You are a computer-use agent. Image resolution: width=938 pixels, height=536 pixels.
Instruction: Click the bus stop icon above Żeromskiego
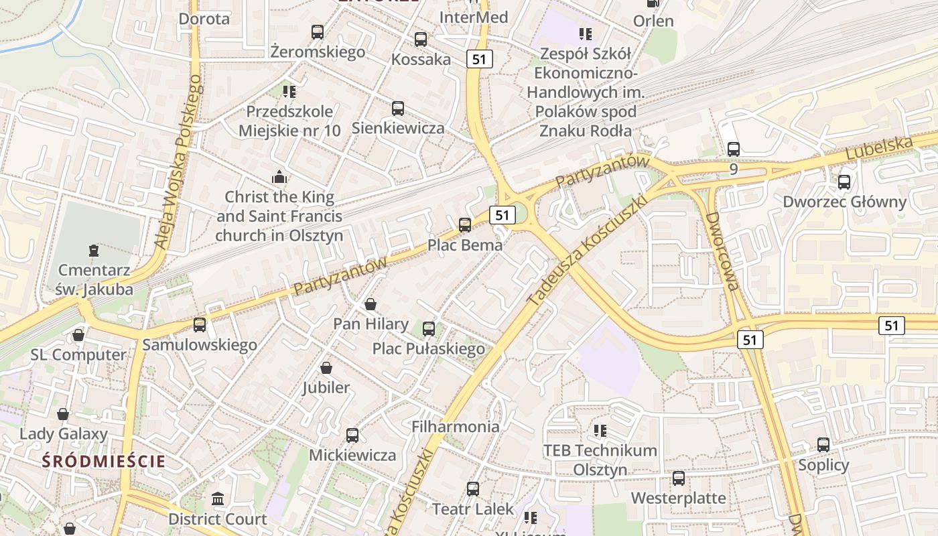tap(318, 31)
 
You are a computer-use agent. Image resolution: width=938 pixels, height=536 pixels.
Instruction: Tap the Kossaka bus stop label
tap(421, 59)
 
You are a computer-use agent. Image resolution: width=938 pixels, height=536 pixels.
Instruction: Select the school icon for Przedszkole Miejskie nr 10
tap(289, 91)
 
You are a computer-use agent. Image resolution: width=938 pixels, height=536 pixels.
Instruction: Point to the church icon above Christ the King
tap(279, 177)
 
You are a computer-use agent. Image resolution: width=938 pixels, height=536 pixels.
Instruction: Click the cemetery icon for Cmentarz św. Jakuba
tap(93, 251)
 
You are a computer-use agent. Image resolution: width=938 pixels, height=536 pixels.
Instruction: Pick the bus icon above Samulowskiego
tap(200, 325)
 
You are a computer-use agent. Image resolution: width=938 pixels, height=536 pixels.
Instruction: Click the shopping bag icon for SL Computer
tap(78, 334)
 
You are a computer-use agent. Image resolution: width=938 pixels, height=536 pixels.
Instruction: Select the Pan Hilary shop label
tap(371, 324)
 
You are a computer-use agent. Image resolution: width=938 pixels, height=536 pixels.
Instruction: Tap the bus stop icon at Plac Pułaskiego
tap(429, 329)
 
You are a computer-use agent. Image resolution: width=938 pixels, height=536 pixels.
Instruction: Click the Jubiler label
tap(326, 387)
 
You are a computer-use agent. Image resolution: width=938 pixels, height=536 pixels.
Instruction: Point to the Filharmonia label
tap(455, 427)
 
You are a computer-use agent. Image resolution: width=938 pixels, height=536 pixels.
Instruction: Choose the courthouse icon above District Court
tap(218, 499)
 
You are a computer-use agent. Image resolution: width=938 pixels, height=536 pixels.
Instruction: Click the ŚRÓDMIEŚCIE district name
tap(103, 461)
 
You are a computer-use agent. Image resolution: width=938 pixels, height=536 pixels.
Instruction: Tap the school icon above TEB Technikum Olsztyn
tap(600, 430)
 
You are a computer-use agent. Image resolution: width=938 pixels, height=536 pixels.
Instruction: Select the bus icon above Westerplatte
tap(679, 478)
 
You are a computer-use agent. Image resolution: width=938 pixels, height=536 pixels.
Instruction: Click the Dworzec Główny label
tap(844, 202)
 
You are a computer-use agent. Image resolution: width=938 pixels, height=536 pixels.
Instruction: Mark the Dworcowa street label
tap(722, 251)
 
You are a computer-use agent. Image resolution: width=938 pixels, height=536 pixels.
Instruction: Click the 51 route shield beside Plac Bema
tap(502, 215)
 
